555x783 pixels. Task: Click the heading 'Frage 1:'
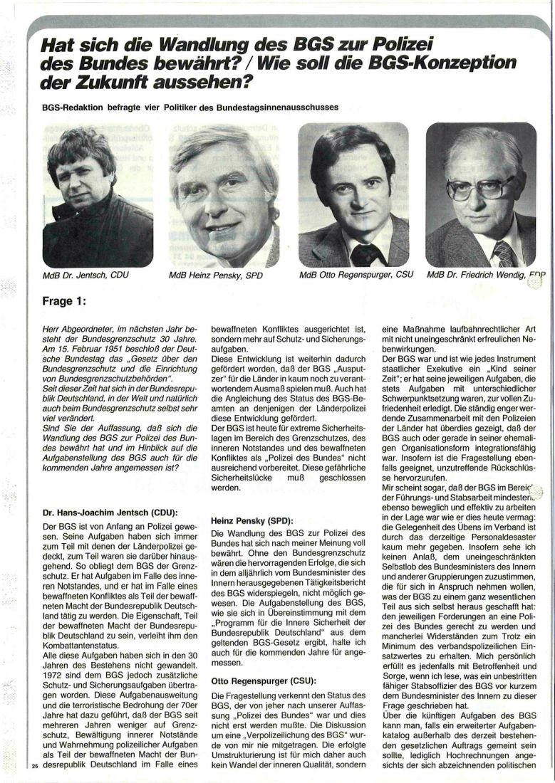coord(65,300)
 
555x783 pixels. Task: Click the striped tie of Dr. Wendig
coord(503,253)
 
